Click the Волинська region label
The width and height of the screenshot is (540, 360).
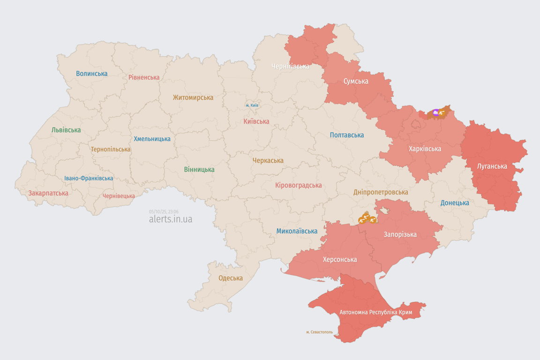click(92, 74)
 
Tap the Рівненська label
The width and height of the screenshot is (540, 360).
click(144, 77)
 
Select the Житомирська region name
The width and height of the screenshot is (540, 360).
click(193, 97)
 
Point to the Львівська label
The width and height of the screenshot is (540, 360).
click(66, 130)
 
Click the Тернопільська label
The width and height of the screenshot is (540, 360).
click(111, 149)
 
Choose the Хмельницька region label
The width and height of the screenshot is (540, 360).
click(152, 139)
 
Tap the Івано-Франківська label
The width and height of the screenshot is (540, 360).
click(89, 178)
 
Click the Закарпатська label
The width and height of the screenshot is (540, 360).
click(48, 193)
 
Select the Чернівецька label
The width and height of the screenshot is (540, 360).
click(119, 196)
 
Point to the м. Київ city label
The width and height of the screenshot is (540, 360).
click(252, 105)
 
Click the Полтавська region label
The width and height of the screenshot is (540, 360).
click(347, 135)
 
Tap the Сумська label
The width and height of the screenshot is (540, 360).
click(356, 81)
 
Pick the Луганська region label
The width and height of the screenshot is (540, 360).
click(492, 166)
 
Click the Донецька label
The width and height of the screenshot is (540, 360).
click(455, 203)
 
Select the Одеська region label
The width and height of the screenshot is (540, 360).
click(231, 278)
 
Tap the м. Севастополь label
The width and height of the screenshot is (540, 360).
click(320, 332)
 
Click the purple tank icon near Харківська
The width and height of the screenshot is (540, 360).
click(436, 112)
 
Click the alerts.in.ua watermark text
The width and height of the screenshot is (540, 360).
click(171, 219)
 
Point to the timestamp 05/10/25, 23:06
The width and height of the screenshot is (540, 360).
click(164, 211)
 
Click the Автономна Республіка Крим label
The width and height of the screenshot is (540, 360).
click(376, 312)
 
